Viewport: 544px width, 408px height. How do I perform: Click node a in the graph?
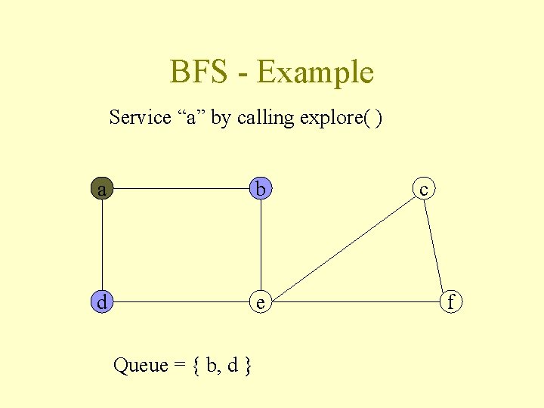click(101, 189)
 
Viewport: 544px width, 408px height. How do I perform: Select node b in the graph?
click(261, 189)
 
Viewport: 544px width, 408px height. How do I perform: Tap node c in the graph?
click(424, 189)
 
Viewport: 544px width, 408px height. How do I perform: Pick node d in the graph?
click(101, 302)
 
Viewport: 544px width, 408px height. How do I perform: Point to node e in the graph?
click(261, 302)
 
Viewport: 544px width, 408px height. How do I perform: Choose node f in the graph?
click(451, 302)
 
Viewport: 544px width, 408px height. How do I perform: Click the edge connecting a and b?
click(181, 189)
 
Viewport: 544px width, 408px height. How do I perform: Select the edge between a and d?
click(101, 246)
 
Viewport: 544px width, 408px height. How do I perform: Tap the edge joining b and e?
click(261, 246)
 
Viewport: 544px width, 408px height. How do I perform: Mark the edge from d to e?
click(181, 302)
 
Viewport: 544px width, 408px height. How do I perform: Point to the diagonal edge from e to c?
click(342, 246)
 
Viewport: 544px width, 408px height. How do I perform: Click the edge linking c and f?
click(436, 246)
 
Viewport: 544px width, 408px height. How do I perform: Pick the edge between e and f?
click(355, 302)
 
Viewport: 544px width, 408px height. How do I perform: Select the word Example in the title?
click(315, 73)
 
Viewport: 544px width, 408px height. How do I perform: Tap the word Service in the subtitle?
click(141, 118)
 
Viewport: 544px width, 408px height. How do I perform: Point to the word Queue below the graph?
click(140, 366)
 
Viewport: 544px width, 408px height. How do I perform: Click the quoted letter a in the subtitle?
click(191, 119)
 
